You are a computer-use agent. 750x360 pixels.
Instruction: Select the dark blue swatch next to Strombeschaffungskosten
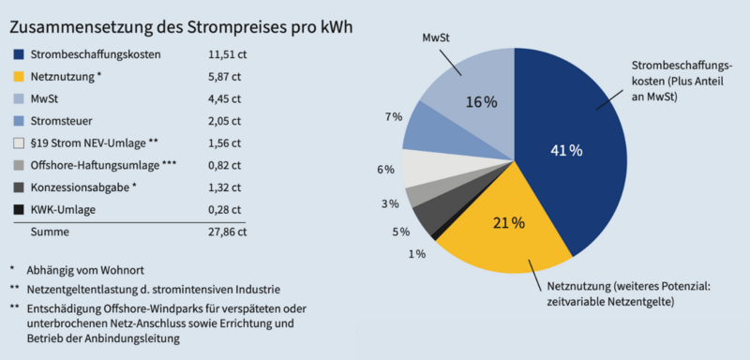click(18, 54)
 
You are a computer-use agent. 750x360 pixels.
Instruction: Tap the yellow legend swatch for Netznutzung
click(18, 77)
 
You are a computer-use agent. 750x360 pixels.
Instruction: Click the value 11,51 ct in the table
click(225, 54)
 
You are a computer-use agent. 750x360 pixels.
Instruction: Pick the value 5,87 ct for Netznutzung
click(225, 77)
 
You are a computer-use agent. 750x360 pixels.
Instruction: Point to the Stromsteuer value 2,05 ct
click(225, 121)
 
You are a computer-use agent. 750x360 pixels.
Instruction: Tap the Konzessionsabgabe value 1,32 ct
click(225, 187)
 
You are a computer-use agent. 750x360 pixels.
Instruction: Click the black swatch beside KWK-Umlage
click(18, 209)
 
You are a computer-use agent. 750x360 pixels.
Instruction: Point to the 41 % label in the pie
click(566, 150)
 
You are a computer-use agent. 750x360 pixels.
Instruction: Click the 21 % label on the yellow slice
click(508, 223)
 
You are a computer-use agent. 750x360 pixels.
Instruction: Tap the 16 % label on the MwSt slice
click(481, 101)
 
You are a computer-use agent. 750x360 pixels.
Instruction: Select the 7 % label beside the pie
click(394, 116)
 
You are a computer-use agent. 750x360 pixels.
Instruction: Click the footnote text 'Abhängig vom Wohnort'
click(89, 270)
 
